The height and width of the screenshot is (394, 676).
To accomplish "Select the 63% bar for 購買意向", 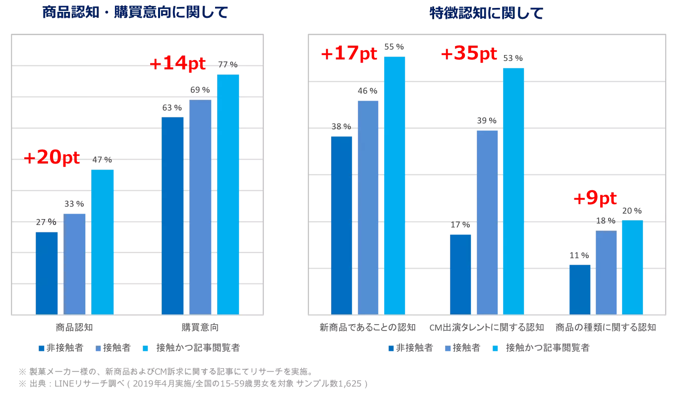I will coord(172,216).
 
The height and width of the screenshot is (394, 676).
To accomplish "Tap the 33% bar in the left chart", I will coord(74,264).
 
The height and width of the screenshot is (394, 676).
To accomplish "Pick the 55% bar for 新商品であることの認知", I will coord(394,185).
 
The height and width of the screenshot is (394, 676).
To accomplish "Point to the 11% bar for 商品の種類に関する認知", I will coord(580,289).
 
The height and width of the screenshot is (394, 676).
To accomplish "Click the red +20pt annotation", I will coord(52,158).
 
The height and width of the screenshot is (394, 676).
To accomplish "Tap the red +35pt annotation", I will coord(468,54).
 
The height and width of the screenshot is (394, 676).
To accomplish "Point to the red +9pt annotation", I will coord(595,199).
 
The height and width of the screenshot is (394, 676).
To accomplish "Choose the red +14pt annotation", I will coord(177,63).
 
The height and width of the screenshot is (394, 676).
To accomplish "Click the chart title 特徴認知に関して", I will coord(486,13).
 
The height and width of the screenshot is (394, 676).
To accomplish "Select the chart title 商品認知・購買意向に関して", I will coord(135,12).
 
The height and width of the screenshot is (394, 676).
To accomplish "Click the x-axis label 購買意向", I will coord(200,328).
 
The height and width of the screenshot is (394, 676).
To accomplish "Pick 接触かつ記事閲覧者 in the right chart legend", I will coord(547,348).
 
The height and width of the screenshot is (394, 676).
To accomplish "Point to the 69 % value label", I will coord(200,90).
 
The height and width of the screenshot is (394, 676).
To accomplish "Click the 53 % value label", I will coord(513,58).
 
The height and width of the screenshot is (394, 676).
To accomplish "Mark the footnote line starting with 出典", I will coord(193,384).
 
